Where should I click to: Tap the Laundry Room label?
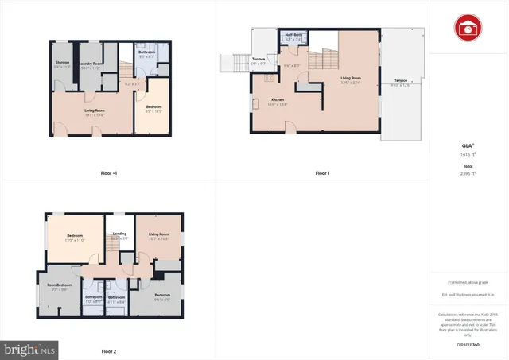[91, 63]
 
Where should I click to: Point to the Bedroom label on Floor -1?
[153, 107]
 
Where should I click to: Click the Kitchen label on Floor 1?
[256, 99]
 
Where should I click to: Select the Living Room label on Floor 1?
[352, 78]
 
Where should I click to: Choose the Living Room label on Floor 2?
[157, 234]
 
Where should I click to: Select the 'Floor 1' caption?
[322, 172]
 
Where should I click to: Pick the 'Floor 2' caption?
[109, 350]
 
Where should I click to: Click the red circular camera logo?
[468, 29]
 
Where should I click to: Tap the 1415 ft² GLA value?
[468, 154]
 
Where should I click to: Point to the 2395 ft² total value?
[468, 172]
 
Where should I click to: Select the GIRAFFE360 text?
[468, 345]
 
